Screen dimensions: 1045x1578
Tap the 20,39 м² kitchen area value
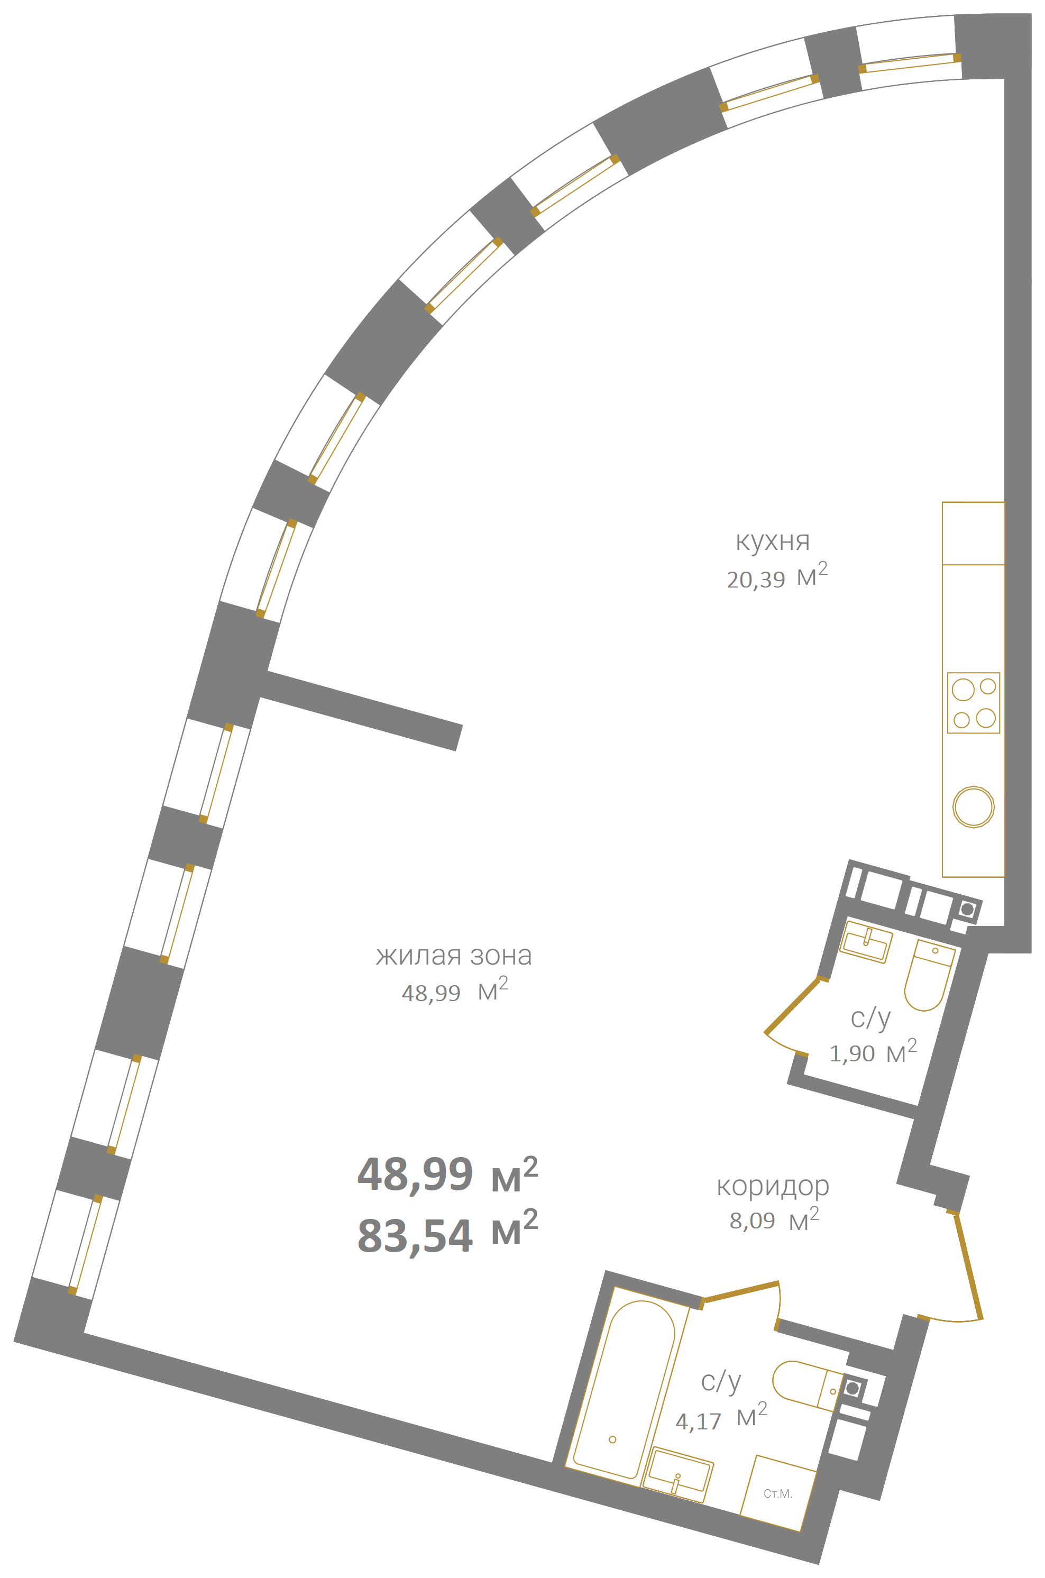click(x=777, y=576)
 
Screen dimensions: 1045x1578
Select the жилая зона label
click(x=454, y=956)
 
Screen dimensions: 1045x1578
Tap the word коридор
click(x=773, y=1187)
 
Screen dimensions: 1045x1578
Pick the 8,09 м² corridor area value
click(x=774, y=1219)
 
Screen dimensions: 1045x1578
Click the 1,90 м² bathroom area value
click(x=873, y=1052)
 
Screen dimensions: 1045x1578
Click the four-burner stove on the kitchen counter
click(x=973, y=703)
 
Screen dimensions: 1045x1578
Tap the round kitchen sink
click(x=973, y=807)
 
